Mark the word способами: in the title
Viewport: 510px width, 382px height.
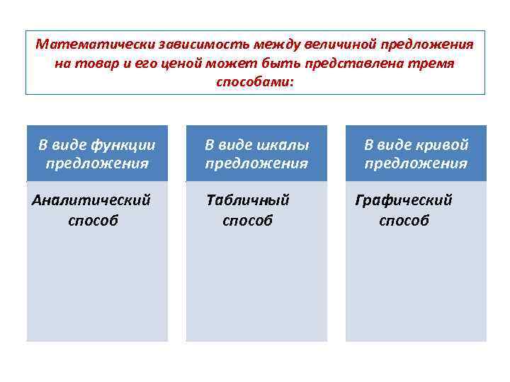click(255, 81)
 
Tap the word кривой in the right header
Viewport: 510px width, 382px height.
click(443, 145)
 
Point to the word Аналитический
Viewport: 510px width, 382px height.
click(91, 201)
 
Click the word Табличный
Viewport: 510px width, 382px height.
click(248, 201)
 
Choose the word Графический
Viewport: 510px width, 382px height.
click(404, 201)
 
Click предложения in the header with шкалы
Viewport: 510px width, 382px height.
click(256, 163)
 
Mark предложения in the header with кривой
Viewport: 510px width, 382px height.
click(416, 163)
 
